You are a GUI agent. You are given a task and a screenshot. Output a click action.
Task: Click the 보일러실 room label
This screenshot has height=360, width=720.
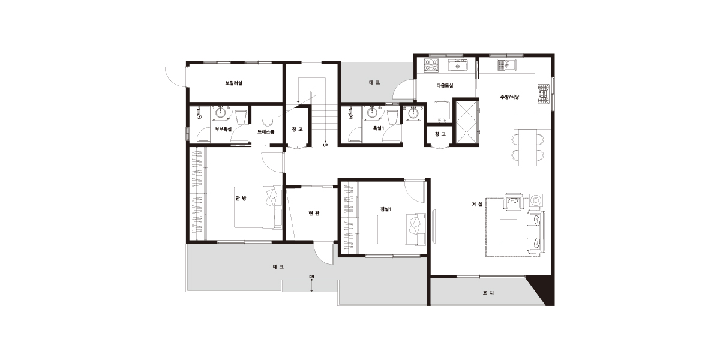coord(233,83)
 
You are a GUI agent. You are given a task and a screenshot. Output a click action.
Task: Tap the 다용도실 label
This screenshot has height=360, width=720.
coord(445,85)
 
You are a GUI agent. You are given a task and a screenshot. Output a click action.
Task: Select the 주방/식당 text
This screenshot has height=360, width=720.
coord(510,97)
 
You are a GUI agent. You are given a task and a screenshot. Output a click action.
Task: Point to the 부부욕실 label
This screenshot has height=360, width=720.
coord(223,129)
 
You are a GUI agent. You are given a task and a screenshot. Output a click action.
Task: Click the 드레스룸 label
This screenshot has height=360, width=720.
coord(266,132)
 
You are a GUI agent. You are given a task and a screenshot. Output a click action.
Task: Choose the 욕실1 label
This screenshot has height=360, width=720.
coord(379,128)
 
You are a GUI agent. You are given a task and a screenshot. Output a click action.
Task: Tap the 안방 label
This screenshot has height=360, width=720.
coord(241,199)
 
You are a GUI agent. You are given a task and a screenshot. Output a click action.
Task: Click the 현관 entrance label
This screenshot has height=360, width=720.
coord(314,213)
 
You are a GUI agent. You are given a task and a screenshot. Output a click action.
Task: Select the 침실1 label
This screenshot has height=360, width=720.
coord(385,209)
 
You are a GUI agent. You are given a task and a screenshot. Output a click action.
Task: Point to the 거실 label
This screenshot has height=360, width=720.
coord(478,204)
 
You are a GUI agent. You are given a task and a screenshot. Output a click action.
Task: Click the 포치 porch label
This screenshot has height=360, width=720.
coord(488,293)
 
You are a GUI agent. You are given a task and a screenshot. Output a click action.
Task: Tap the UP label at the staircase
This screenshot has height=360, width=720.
coord(325,146)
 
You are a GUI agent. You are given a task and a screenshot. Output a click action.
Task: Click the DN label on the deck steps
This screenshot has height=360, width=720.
coord(311,277)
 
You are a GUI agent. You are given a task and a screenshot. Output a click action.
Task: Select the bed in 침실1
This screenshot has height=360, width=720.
coord(402,229)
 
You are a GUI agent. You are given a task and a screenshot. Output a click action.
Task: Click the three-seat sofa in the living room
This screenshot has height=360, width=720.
coord(536,231)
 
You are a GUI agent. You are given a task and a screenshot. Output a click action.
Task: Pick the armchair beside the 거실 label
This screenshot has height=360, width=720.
coord(514,202)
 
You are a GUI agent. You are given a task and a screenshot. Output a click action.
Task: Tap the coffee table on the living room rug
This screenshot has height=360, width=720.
coord(509,232)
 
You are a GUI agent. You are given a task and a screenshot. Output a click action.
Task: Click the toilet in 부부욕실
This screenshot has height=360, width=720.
coord(241,117)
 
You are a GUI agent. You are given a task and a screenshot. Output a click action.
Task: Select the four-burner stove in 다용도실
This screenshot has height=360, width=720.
coord(431,64)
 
